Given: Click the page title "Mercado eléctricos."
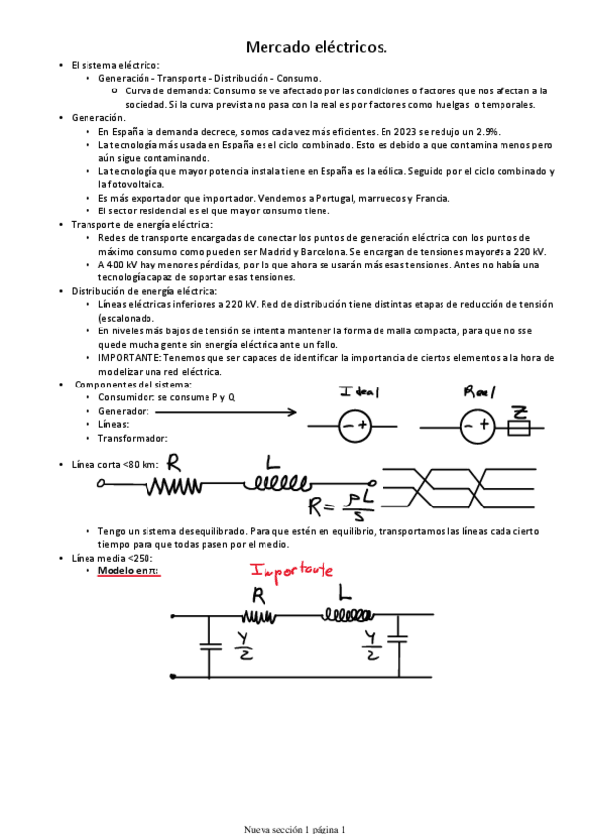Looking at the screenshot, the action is [315, 47].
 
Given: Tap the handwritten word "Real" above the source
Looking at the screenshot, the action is [481, 391].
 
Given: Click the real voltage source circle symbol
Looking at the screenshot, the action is [475, 426].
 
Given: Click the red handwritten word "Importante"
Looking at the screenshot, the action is [293, 570].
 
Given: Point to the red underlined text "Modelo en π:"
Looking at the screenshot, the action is [129, 570].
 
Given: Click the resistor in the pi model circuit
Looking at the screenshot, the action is [258, 617].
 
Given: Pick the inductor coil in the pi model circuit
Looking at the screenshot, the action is [341, 617].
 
